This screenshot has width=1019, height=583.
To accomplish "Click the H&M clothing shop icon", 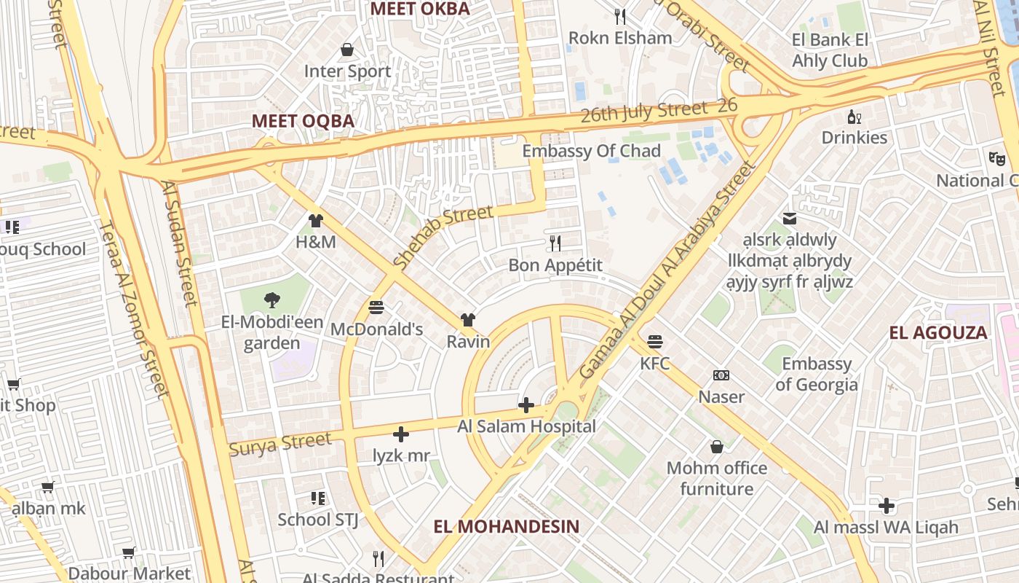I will (x=315, y=221).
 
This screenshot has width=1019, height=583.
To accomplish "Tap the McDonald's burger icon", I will (x=376, y=308).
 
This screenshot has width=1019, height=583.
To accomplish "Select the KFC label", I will (x=654, y=363).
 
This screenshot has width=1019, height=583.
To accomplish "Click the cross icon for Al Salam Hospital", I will (x=526, y=405).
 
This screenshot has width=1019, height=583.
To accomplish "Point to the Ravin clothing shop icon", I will (x=467, y=320).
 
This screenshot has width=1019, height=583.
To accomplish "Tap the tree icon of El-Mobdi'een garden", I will (x=271, y=300).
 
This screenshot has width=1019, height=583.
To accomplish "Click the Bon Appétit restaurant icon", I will (x=555, y=243).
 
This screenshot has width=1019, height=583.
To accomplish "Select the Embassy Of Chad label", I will (x=591, y=151).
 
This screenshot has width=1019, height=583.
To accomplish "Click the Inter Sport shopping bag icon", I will (x=347, y=50).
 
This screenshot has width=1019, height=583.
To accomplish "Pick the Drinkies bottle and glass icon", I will (x=854, y=117).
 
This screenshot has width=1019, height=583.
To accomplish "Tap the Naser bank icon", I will (x=721, y=375).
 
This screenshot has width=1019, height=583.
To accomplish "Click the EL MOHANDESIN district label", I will (x=507, y=526).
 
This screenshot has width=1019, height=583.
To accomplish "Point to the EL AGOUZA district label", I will (x=937, y=333).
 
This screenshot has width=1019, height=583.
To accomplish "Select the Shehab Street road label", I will (x=443, y=236).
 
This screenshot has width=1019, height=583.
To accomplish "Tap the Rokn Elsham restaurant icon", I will (x=619, y=16).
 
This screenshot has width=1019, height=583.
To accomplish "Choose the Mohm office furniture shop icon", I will (x=716, y=446).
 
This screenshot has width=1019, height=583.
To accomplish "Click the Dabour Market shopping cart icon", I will (x=129, y=553).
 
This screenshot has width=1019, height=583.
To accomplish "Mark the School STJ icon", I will (x=317, y=498).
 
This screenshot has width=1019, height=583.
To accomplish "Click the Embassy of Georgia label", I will (x=816, y=374).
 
